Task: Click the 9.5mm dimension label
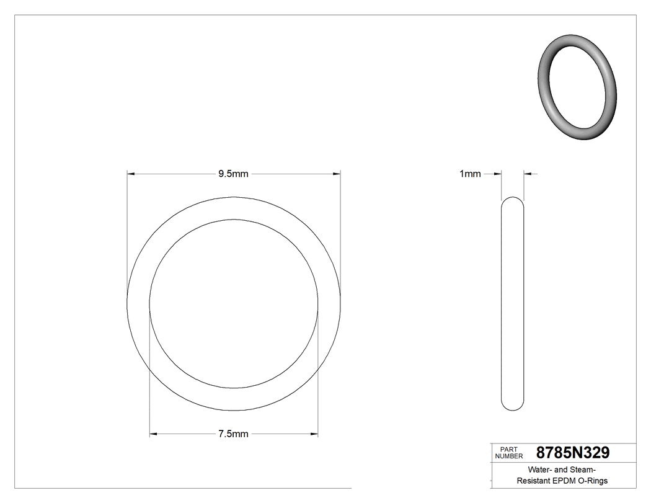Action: [233, 174]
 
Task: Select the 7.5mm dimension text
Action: [233, 434]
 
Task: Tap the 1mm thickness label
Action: [469, 174]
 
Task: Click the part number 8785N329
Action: [572, 452]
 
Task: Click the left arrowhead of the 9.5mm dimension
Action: [130, 174]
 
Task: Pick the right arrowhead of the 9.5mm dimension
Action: [337, 174]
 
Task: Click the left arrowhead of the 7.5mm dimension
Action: [153, 434]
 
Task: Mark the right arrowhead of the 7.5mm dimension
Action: [314, 434]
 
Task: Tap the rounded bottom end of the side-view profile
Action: [512, 407]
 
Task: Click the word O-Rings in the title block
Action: [593, 481]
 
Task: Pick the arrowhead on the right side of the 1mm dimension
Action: [528, 174]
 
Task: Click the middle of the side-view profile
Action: [512, 303]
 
